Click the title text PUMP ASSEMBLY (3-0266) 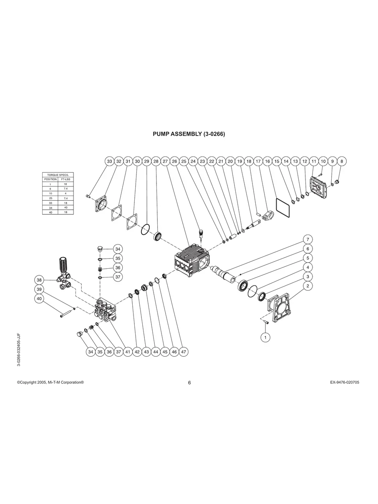[x=189, y=134]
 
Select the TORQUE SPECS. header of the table [x=58, y=175]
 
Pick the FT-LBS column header [x=66, y=179]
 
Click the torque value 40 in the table [x=66, y=207]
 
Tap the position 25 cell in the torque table [x=50, y=198]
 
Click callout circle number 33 [x=109, y=161]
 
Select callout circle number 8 [x=342, y=161]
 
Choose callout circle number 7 [x=307, y=239]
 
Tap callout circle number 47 [x=184, y=352]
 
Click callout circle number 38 [x=39, y=280]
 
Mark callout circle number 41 [x=128, y=352]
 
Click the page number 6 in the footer [x=189, y=383]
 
